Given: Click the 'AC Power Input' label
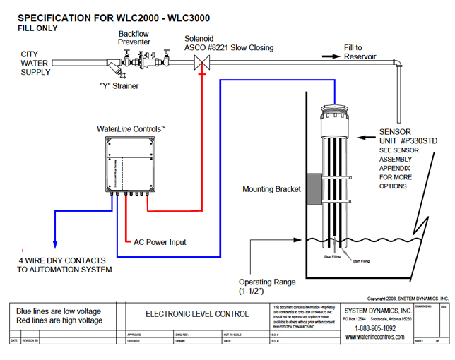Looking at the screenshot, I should [x=160, y=242].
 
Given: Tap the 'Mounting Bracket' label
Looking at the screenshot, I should [x=271, y=189].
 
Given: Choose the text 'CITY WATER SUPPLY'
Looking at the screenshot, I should [x=35, y=63].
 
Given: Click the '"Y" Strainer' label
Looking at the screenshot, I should [x=119, y=86].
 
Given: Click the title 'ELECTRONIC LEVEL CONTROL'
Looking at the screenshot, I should [x=187, y=314].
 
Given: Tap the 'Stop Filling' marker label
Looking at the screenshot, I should [x=332, y=257].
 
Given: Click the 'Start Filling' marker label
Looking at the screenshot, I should [x=360, y=261].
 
